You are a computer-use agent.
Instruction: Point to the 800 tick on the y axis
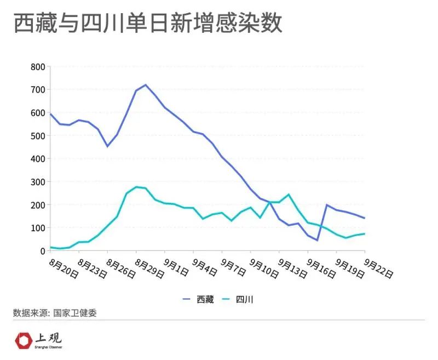pos(37,67)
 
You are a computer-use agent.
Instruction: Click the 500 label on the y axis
pos(37,136)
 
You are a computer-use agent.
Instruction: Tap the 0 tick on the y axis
pos(41,251)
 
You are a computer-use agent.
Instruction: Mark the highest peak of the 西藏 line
pos(146,85)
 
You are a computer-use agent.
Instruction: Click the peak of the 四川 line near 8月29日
pos(136,187)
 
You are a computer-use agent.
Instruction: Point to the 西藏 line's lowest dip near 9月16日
pos(317,240)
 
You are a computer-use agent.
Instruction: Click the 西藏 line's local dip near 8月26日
pos(108,146)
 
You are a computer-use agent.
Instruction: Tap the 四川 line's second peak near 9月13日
pos(289,195)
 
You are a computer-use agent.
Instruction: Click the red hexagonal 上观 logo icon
pos(24,340)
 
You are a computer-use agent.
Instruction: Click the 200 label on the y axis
pos(37,205)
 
